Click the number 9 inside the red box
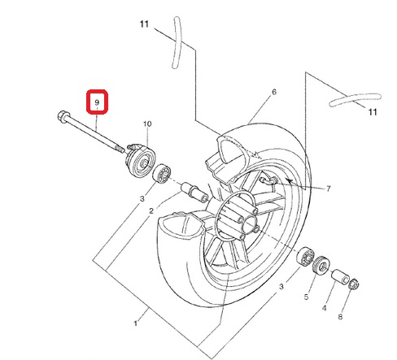pos(97,102)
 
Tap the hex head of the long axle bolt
pos(62,116)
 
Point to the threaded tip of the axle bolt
pos(120,149)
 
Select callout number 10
pos(147,124)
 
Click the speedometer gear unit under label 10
pos(140,161)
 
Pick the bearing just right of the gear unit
pos(162,172)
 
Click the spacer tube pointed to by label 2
pos(194,193)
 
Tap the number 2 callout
pos(151,210)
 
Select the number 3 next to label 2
pos(142,199)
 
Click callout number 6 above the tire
pos(274,92)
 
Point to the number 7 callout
pos(329,189)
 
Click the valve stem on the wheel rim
pos(268,180)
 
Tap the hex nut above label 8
pos(354,284)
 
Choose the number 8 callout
pos(340,317)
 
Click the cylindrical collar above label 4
pos(341,277)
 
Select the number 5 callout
pos(306,297)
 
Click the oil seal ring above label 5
pos(321,265)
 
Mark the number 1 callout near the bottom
pos(136,323)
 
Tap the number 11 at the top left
pos(144,24)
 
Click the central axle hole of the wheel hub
pos(250,224)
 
